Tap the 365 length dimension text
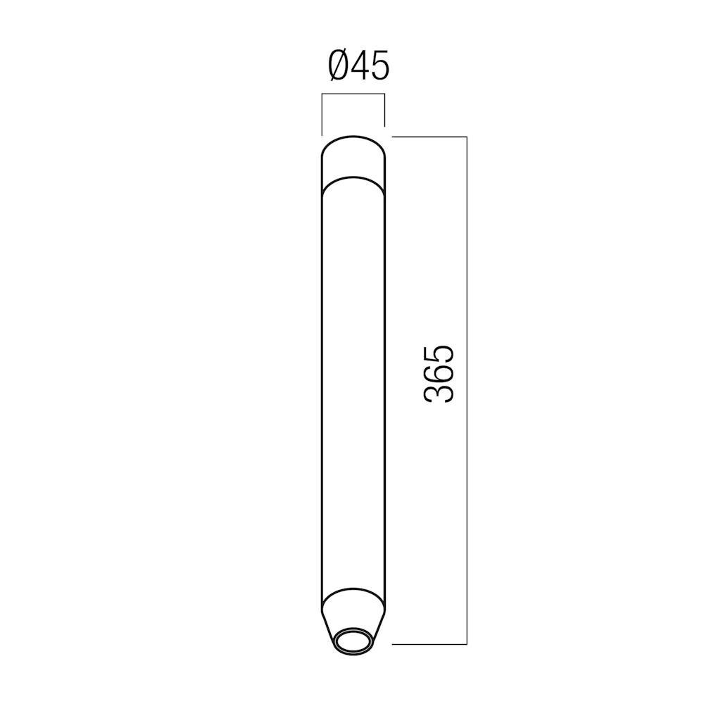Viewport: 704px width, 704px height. (x=438, y=374)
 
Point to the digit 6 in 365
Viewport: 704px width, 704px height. (x=438, y=374)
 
